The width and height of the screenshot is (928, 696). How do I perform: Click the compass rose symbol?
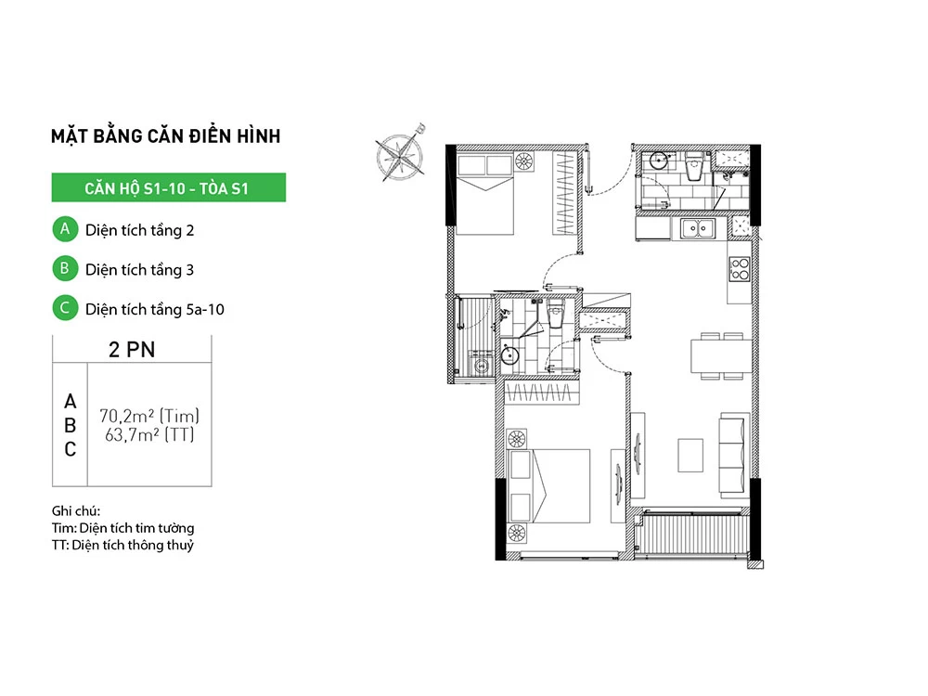click(401, 154)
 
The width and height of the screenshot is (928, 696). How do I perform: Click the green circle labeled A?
click(65, 229)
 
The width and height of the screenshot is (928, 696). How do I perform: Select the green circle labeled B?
click(65, 269)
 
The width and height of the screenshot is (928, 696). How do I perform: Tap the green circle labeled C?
click(65, 308)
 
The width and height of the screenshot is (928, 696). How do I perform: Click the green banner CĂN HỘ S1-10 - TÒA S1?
click(169, 187)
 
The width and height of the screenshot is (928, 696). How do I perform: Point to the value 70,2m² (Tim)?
click(149, 416)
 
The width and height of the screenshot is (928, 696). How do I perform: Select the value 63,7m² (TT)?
click(149, 435)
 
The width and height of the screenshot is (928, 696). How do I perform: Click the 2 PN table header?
click(132, 349)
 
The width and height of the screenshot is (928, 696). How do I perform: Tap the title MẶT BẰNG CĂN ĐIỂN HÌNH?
click(166, 135)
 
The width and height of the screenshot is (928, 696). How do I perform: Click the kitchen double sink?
click(698, 228)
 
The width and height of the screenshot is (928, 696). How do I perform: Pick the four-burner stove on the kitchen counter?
click(740, 269)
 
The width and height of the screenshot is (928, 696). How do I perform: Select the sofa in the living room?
click(732, 455)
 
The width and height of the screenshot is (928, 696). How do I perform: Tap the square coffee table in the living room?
click(690, 455)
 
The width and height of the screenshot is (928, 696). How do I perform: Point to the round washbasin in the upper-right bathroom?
click(658, 160)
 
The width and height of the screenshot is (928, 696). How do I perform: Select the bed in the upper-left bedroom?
click(484, 194)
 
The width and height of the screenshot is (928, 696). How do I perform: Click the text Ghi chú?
click(76, 510)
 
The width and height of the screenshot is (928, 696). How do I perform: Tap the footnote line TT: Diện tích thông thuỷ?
click(122, 545)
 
